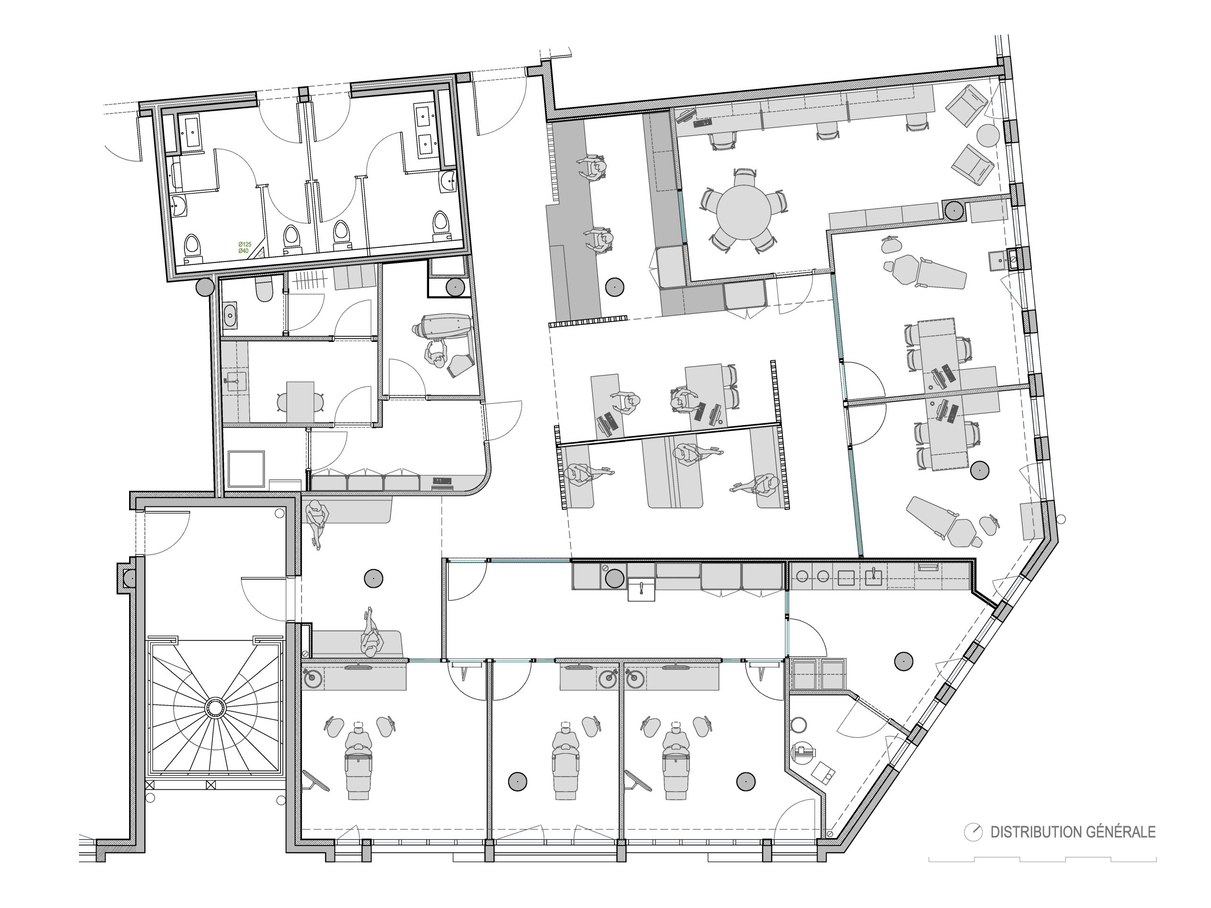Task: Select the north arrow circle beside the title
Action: (x=974, y=832)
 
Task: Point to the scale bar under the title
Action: (x=1043, y=859)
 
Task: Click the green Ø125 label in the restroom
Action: (x=244, y=244)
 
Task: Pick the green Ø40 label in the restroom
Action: (x=243, y=251)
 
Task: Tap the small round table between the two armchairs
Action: (x=988, y=135)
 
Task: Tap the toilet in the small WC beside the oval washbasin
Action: (x=263, y=288)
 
